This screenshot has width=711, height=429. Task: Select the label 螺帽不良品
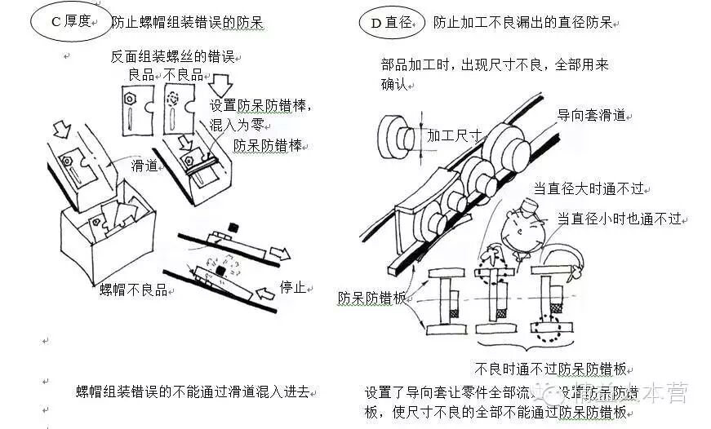[132, 289]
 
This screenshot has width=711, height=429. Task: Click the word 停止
[292, 287]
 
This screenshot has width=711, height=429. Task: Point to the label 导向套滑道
[591, 115]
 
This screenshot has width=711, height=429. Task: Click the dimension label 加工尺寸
[453, 135]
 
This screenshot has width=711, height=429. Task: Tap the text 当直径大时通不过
[589, 188]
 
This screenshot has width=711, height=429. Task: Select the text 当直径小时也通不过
[619, 219]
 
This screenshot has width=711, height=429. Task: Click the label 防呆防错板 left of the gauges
[371, 298]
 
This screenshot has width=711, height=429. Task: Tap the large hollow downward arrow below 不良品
[221, 85]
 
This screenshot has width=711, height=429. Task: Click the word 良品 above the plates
[142, 74]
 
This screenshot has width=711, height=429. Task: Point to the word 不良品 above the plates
[184, 74]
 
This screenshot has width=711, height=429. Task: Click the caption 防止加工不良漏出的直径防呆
[523, 22]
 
